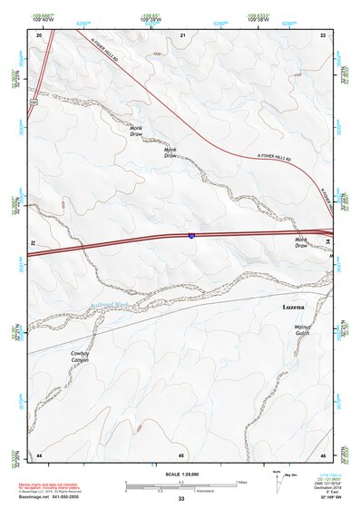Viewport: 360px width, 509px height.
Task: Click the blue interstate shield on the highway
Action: pos(191,235)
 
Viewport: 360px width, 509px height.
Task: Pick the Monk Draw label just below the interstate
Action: pos(301,243)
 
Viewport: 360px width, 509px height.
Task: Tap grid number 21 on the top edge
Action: pos(183,34)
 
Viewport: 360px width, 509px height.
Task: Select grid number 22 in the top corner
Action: pos(323,34)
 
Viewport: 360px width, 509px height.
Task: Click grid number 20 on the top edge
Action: pos(39,34)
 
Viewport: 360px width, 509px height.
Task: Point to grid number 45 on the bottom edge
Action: pos(181,455)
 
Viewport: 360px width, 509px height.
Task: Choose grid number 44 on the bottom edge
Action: pos(39,455)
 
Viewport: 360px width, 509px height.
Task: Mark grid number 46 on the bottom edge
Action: pos(323,455)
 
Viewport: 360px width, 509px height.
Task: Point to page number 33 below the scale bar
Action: pos(181,500)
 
